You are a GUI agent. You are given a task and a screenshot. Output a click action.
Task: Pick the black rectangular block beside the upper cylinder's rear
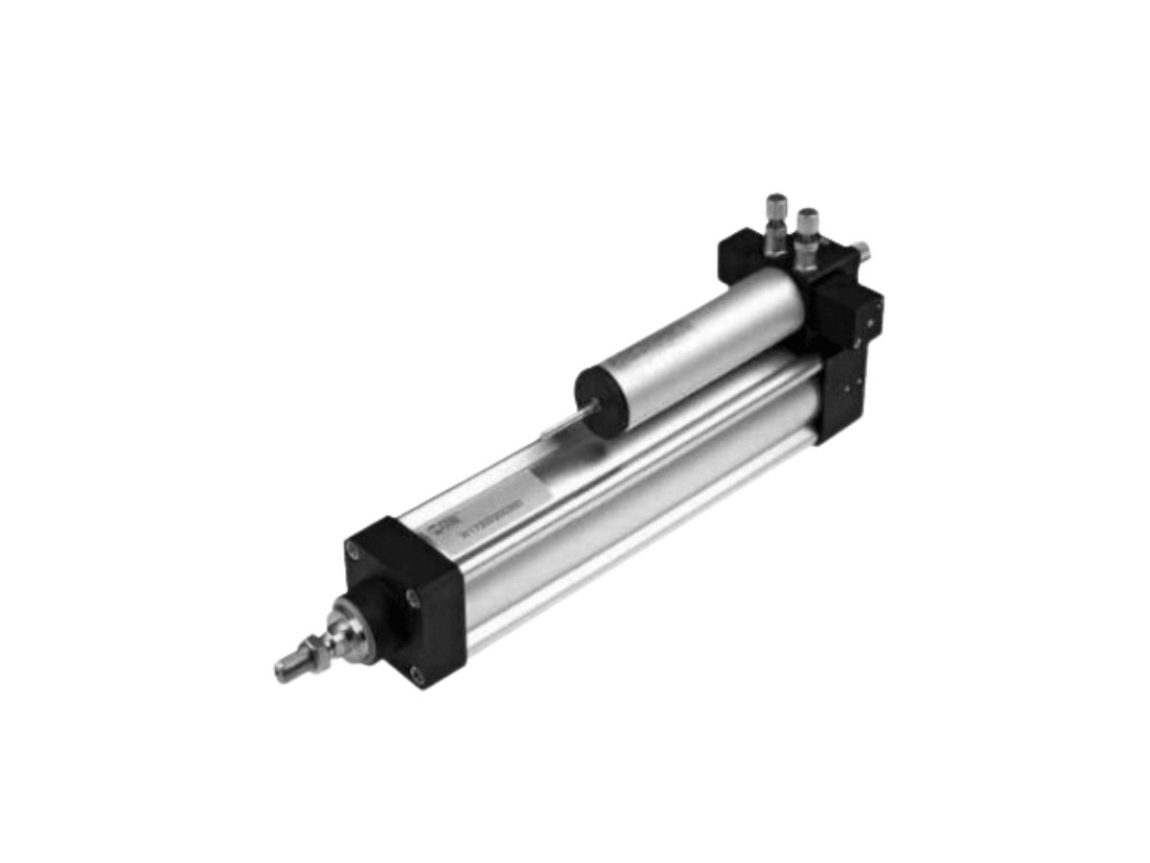853,312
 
